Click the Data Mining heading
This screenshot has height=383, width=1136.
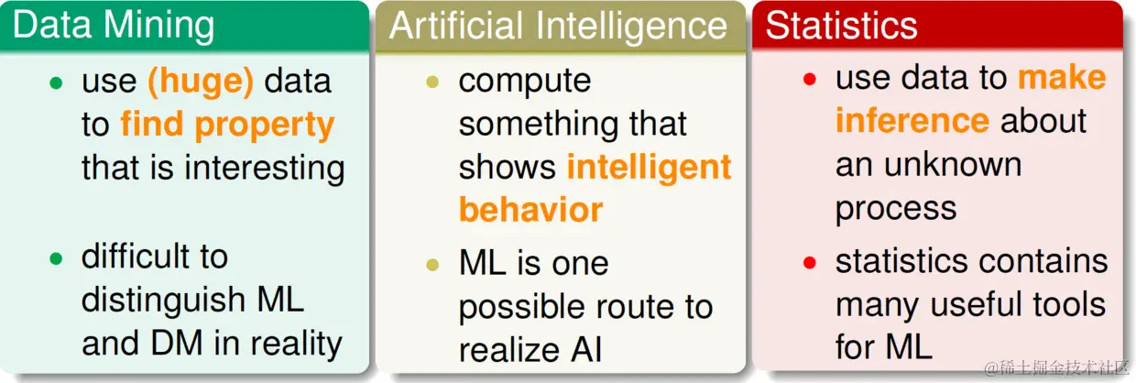(113, 25)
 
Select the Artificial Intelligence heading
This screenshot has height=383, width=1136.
(558, 26)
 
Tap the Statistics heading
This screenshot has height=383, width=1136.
(841, 25)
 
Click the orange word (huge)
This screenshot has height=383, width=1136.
(201, 82)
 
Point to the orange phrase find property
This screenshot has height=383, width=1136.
(228, 126)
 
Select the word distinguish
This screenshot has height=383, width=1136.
(163, 301)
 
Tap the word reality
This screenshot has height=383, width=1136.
(297, 344)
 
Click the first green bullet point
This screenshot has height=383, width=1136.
(56, 82)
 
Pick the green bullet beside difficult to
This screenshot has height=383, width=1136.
(56, 258)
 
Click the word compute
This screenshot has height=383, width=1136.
(525, 82)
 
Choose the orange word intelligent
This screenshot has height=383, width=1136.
(649, 167)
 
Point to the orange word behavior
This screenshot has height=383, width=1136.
(531, 210)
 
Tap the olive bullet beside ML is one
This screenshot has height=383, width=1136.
(432, 264)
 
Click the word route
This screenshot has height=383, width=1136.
(641, 308)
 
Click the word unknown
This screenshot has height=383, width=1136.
(953, 164)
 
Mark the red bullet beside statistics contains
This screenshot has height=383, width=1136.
(810, 262)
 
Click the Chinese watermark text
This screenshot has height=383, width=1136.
(1057, 367)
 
